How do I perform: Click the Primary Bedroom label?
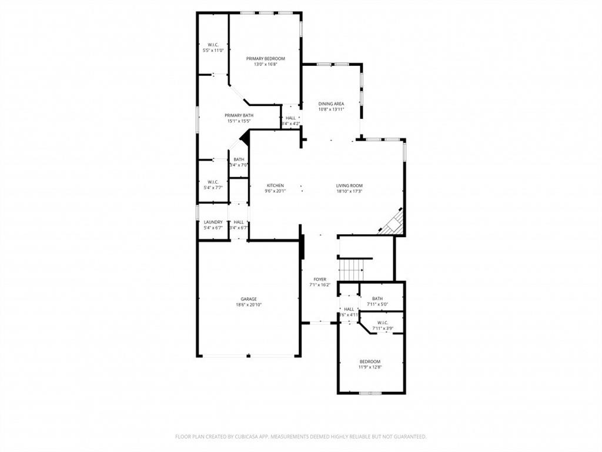(265, 58)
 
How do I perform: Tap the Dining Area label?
(331, 103)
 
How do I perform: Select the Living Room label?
(349, 185)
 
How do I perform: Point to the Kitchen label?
(275, 185)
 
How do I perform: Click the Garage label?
(248, 299)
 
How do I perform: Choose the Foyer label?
(320, 280)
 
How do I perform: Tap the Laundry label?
(213, 222)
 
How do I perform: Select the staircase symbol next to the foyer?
(351, 270)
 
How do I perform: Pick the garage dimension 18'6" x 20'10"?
(248, 305)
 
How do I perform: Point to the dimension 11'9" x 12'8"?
(370, 367)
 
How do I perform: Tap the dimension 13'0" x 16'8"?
(265, 64)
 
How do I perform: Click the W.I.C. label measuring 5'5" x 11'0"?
(213, 45)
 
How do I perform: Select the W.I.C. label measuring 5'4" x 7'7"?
(213, 182)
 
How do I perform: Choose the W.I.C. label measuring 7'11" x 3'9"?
(382, 323)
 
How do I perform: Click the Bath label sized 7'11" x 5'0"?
(377, 298)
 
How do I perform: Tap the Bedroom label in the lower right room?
(370, 361)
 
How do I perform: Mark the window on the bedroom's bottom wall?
(370, 393)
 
